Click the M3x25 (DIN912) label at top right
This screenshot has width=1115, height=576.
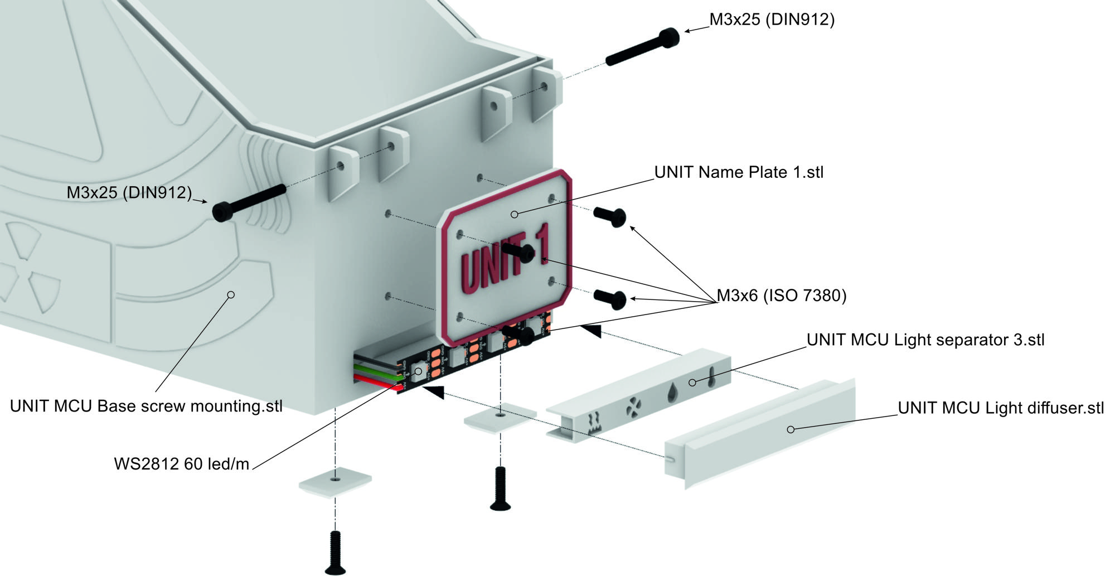click(x=772, y=20)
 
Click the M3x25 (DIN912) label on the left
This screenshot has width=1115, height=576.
click(x=129, y=193)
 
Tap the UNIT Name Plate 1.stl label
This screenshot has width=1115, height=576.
click(x=739, y=172)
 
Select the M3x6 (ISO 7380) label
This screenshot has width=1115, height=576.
click(x=782, y=296)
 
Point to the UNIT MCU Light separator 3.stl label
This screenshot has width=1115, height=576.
click(x=925, y=340)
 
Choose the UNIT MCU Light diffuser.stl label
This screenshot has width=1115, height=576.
click(x=1001, y=408)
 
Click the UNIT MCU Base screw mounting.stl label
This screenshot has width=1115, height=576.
click(x=146, y=406)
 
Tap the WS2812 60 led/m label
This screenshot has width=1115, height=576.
click(x=182, y=464)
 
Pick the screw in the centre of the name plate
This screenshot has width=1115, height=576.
click(x=519, y=252)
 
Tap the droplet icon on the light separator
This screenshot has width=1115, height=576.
click(x=673, y=393)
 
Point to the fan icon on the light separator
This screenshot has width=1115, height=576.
click(x=633, y=408)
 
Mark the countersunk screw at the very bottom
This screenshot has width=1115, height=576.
click(x=335, y=553)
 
